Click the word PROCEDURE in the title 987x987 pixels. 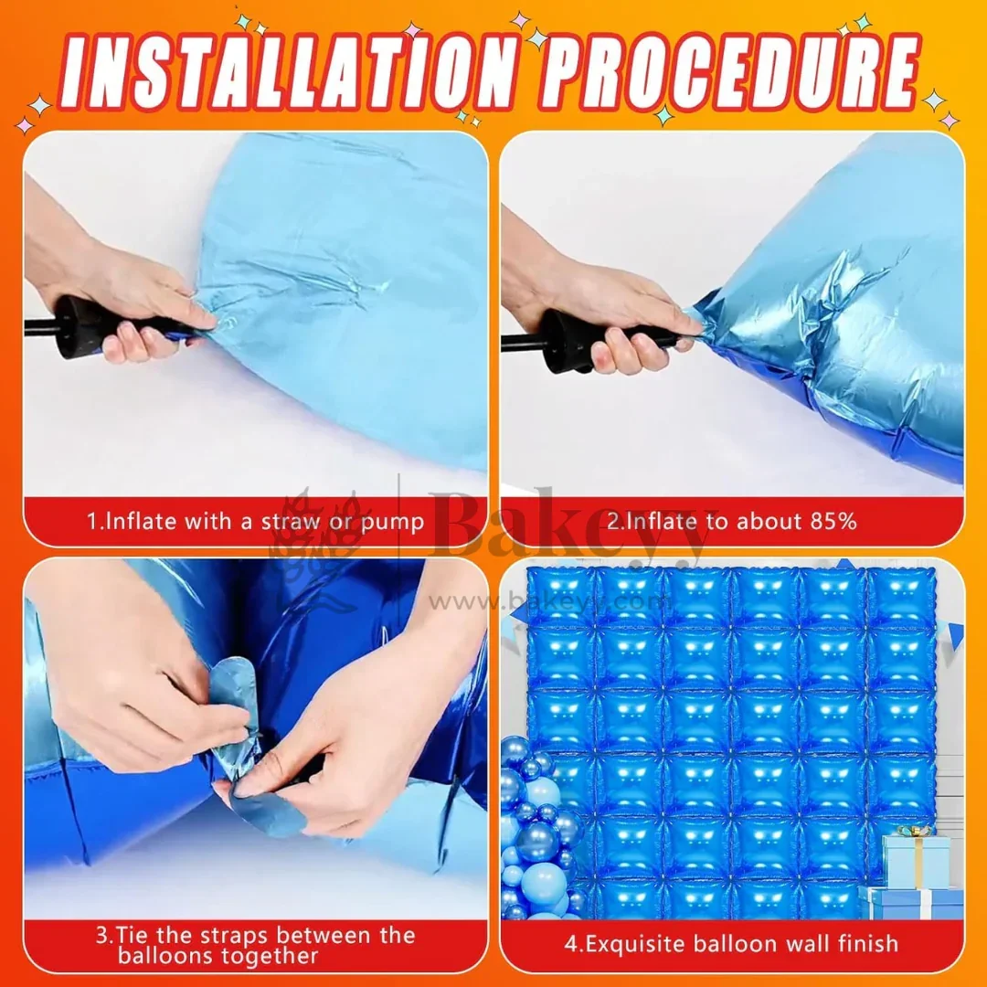[x=729, y=71]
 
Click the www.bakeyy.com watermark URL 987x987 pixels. [x=547, y=602]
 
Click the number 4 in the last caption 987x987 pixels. [x=570, y=944]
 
